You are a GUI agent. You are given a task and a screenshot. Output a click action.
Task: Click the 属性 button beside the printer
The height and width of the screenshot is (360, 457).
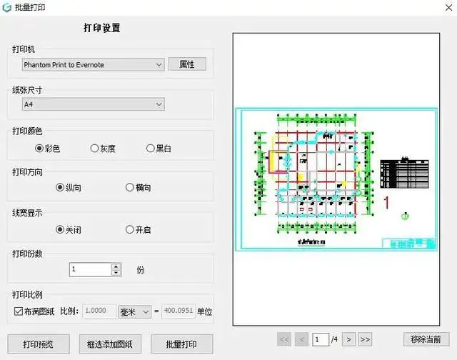tap(187, 64)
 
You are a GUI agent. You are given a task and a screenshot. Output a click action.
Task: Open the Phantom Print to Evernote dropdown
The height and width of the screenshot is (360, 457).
tap(93, 65)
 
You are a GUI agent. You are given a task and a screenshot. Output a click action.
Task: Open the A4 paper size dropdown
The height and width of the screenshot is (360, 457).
tap(93, 105)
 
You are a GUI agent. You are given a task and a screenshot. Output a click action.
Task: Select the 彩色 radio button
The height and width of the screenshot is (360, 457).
tap(39, 149)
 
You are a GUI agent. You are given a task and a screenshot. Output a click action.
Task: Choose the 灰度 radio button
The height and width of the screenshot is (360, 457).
tap(94, 149)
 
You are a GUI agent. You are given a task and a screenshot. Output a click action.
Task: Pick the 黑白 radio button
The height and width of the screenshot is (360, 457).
tap(150, 149)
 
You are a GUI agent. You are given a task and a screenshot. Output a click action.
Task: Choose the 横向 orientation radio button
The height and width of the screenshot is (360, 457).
tap(129, 188)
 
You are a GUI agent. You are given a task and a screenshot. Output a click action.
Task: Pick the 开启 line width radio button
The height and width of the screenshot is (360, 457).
tap(129, 230)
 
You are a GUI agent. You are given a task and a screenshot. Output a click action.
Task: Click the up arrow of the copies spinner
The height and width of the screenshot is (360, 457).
tap(116, 266)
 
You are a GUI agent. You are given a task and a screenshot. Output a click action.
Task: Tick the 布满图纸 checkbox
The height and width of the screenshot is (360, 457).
tap(19, 311)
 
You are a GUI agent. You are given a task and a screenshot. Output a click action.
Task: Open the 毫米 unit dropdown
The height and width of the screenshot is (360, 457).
tap(135, 311)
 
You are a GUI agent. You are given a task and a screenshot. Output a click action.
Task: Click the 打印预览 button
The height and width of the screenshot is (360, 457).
tap(39, 344)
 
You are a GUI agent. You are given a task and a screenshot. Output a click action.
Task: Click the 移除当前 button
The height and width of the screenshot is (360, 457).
tap(426, 339)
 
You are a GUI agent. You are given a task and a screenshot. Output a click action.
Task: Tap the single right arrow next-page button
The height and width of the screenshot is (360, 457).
tap(350, 339)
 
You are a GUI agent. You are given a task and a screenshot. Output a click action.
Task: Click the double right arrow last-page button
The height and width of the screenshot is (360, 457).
tap(366, 339)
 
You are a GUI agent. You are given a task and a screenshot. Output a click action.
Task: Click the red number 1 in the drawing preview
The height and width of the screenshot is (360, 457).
tap(387, 203)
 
